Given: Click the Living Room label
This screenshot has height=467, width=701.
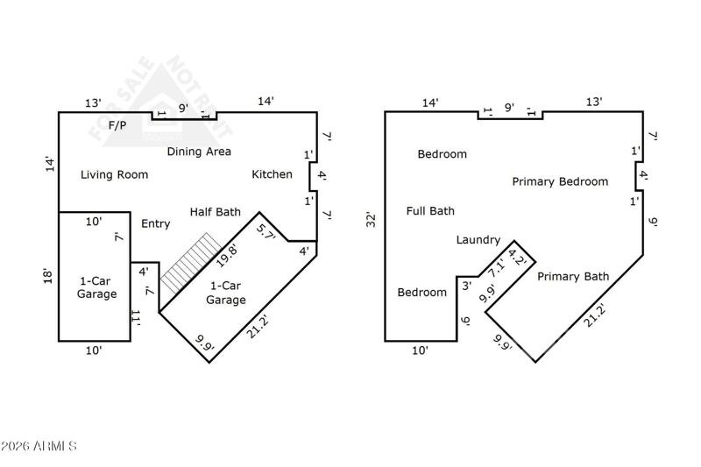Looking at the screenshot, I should coord(114,174).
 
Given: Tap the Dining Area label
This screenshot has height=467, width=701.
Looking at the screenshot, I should coord(199,152).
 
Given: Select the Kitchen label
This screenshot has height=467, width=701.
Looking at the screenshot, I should coord(272,174).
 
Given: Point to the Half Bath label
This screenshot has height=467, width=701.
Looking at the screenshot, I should coord(215,212).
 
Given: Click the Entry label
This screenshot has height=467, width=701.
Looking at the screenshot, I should coord(156,224).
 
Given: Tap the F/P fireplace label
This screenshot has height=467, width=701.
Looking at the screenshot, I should coord(117,125).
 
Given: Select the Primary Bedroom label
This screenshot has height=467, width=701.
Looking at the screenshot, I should coord(560,182).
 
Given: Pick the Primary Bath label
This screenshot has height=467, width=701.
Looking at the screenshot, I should coord(572,277).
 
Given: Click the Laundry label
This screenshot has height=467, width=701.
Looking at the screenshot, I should coord(478,240).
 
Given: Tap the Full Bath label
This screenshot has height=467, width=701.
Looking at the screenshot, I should coord(430,211).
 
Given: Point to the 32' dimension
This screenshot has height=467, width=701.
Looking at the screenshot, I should coord(372,219).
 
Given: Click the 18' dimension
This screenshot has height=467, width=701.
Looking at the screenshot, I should coord(47,276).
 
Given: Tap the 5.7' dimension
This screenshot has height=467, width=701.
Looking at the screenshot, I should coord(266,231).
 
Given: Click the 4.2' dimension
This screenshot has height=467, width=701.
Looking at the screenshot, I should coord(517,258).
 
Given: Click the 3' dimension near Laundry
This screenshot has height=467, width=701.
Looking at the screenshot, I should coord(466,285).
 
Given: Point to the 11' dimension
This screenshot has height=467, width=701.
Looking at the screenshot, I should coord(136,317).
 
